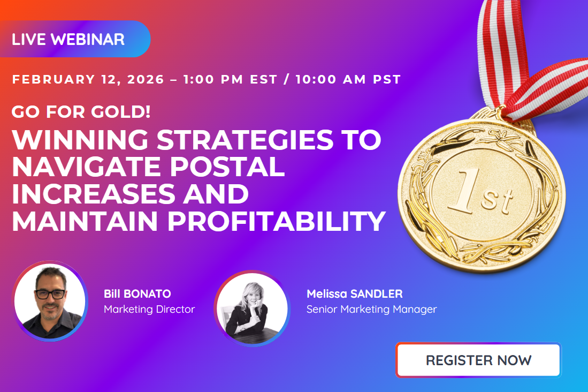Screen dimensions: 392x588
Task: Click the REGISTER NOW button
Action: (478, 360)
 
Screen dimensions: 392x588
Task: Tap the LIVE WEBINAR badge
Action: (68, 39)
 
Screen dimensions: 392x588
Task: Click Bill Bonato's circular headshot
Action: (50, 301)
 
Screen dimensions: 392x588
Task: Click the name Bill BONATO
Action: (138, 294)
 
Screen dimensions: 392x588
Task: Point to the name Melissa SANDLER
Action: (354, 294)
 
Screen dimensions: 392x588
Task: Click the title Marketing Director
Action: (149, 309)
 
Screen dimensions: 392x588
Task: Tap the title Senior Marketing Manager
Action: (371, 309)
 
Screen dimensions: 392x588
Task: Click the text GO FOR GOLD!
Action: (81, 112)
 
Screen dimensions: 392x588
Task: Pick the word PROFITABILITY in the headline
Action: (277, 222)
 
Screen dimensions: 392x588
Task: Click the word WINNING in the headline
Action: (80, 140)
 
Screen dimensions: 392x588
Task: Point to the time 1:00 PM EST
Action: (230, 80)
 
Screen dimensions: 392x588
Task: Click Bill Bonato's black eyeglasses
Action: (50, 294)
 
